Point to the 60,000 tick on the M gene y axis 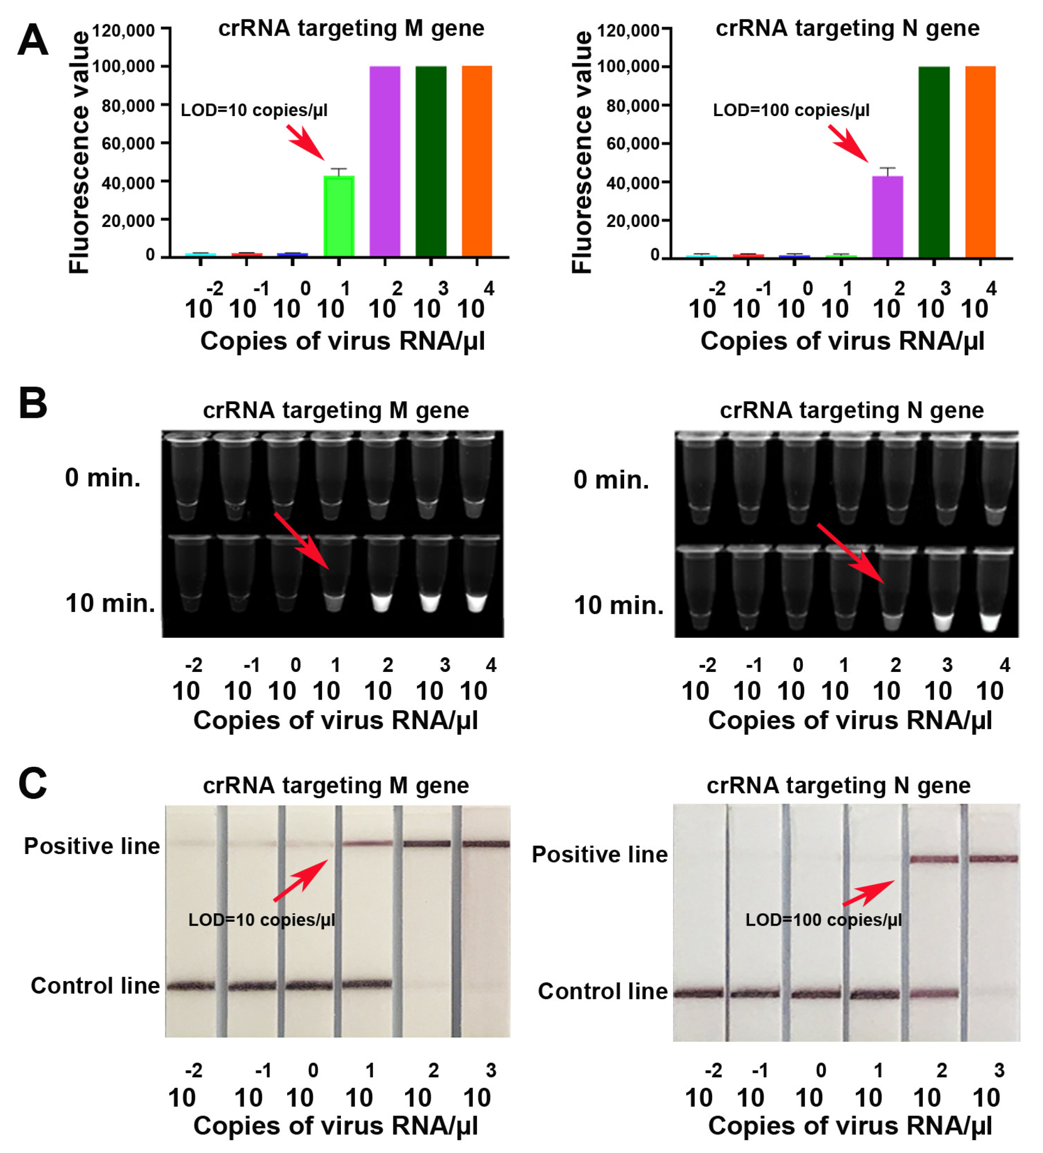click(128, 143)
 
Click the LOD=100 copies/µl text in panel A click(790, 110)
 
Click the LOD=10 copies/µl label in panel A click(254, 110)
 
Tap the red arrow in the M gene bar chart click(306, 143)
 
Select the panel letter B click(33, 403)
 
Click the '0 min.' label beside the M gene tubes click(102, 478)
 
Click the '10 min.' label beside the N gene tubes click(618, 605)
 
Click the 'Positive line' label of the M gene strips click(91, 846)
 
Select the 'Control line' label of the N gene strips click(603, 991)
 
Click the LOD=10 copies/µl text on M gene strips click(261, 919)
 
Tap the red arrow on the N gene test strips click(868, 893)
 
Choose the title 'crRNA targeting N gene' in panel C click(838, 785)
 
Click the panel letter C click(33, 783)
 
